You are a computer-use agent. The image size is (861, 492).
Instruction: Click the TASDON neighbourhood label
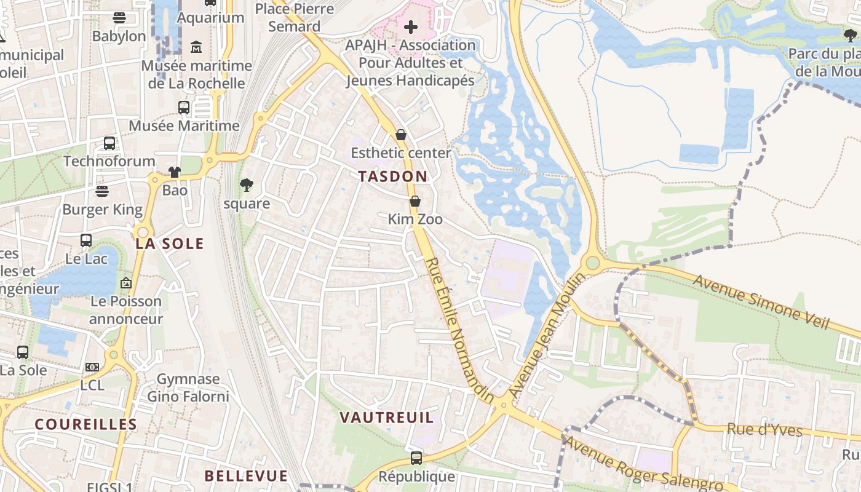click(x=392, y=177)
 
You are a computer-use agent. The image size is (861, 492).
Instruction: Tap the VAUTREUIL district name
click(x=387, y=418)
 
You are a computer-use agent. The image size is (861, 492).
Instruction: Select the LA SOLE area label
click(x=169, y=244)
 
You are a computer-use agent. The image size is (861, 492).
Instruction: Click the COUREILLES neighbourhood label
click(x=85, y=424)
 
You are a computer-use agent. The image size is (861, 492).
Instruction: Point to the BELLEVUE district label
click(x=246, y=476)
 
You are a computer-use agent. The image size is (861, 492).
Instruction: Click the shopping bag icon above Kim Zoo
click(x=415, y=201)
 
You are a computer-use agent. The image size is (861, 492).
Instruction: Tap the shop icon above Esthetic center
click(x=401, y=135)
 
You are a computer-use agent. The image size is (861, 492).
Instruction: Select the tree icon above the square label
click(x=247, y=185)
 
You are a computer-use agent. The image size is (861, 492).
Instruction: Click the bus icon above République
click(x=416, y=458)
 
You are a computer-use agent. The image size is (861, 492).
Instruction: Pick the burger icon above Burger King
click(x=102, y=191)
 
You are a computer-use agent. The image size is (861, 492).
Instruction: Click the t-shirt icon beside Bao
click(x=175, y=172)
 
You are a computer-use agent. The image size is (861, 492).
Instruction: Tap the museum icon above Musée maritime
click(x=196, y=47)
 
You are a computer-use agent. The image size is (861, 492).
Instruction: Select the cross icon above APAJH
click(x=410, y=27)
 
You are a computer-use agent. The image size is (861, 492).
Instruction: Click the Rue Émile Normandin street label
click(x=459, y=331)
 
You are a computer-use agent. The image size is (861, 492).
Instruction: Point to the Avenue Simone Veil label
click(x=762, y=301)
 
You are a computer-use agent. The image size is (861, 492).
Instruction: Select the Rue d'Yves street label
click(x=764, y=429)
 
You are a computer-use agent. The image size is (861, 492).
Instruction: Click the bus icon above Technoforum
click(x=109, y=143)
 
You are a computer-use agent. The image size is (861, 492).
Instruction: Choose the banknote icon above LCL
click(x=92, y=367)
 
